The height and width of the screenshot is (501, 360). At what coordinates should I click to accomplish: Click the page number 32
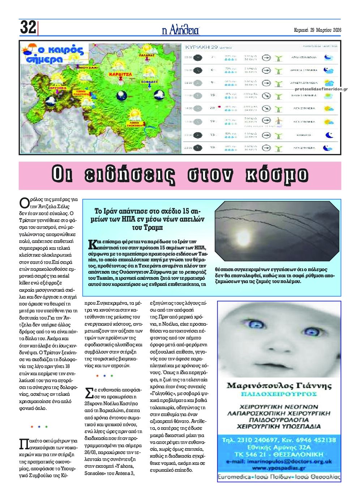pyautogui.click(x=28, y=27)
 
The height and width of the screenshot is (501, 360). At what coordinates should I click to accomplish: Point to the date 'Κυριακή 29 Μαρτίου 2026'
pyautogui.click(x=317, y=30)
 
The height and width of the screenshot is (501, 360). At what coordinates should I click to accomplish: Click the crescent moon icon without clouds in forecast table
pyautogui.click(x=329, y=135)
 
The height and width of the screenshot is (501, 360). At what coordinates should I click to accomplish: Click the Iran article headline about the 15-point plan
pyautogui.click(x=149, y=219)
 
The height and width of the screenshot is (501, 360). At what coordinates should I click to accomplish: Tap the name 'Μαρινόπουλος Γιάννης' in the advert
pyautogui.click(x=279, y=386)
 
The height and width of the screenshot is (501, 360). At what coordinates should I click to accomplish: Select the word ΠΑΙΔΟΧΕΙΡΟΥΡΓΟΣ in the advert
pyautogui.click(x=279, y=394)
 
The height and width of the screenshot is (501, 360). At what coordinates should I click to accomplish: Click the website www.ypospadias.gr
pyautogui.click(x=279, y=468)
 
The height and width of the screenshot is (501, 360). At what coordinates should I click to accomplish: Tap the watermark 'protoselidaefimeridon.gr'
pyautogui.click(x=321, y=89)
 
